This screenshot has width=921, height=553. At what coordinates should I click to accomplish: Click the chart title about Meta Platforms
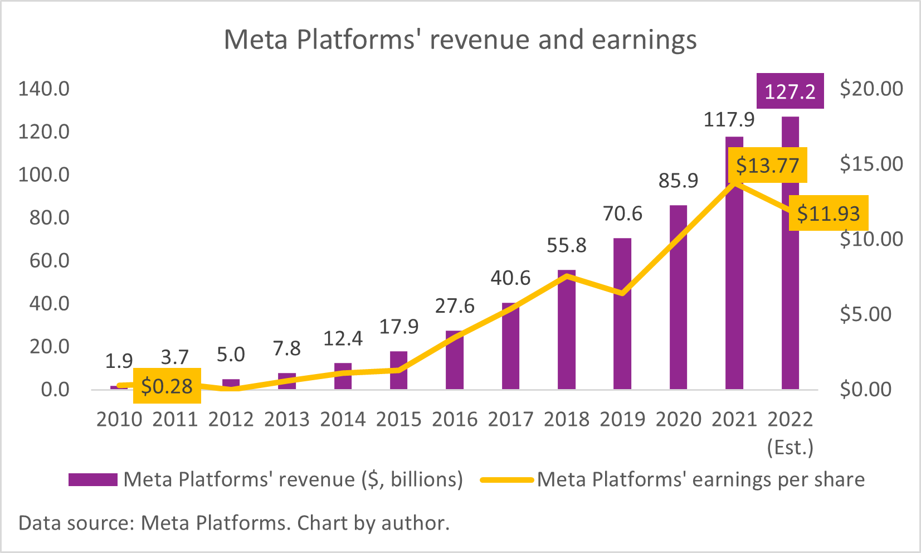click(460, 40)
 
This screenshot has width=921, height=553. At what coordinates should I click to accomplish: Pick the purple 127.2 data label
click(790, 91)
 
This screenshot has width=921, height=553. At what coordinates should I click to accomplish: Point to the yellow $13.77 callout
click(767, 166)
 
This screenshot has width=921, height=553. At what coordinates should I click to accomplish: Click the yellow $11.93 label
click(829, 214)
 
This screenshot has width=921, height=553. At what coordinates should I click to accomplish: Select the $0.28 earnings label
click(167, 386)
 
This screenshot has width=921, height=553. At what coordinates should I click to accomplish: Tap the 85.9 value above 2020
click(678, 181)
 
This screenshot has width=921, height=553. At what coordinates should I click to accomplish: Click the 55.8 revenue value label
click(566, 245)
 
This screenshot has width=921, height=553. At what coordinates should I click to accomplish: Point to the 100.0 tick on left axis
click(44, 174)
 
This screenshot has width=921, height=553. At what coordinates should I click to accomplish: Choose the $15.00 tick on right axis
click(871, 164)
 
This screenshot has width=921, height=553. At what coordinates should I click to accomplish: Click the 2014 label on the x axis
click(343, 419)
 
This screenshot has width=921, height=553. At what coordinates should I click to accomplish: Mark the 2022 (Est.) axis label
click(790, 433)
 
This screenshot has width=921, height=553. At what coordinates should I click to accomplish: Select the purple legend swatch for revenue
click(93, 479)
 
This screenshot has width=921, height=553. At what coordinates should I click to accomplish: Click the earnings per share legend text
click(700, 479)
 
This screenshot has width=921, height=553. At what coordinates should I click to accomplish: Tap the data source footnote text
click(234, 523)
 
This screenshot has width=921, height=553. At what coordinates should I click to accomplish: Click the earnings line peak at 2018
click(566, 275)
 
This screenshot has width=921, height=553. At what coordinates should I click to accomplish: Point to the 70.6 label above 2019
click(622, 214)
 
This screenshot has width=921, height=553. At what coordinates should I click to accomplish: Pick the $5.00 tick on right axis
click(871, 314)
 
